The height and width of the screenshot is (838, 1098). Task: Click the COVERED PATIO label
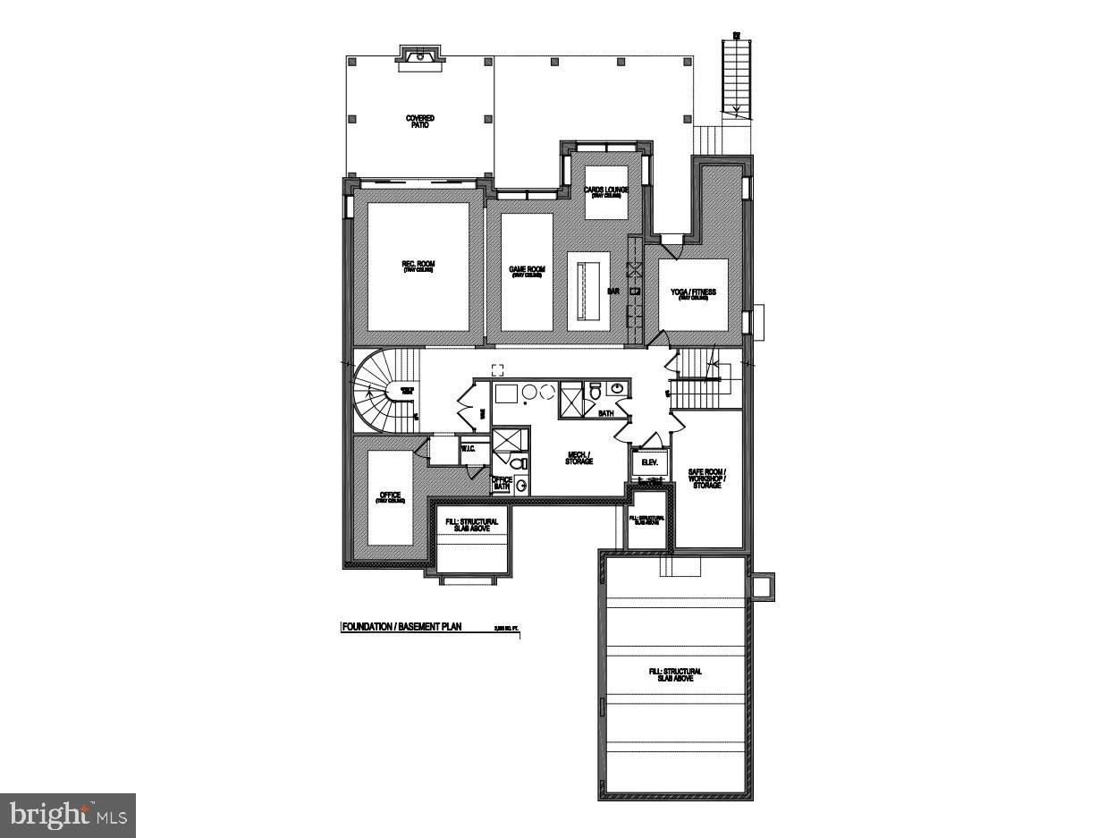(419, 122)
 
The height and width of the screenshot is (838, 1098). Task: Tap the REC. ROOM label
(418, 266)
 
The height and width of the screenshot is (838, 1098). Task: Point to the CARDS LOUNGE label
(606, 191)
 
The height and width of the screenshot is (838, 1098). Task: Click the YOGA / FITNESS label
(693, 293)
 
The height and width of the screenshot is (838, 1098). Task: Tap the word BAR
(614, 291)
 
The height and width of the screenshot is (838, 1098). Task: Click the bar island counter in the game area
(588, 292)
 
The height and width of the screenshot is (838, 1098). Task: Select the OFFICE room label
(389, 496)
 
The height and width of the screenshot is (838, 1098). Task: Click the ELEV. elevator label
(649, 462)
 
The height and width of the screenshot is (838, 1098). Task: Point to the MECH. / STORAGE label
(579, 458)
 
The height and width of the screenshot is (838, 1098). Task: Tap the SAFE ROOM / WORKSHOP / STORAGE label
(706, 478)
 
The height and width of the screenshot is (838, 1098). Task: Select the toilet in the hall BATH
(595, 392)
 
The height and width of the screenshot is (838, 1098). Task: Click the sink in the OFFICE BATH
(521, 487)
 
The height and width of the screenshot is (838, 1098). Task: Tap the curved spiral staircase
(380, 392)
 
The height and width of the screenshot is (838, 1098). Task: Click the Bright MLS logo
(68, 815)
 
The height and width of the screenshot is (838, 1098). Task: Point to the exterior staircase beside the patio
(738, 80)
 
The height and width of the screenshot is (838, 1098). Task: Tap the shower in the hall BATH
(570, 400)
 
